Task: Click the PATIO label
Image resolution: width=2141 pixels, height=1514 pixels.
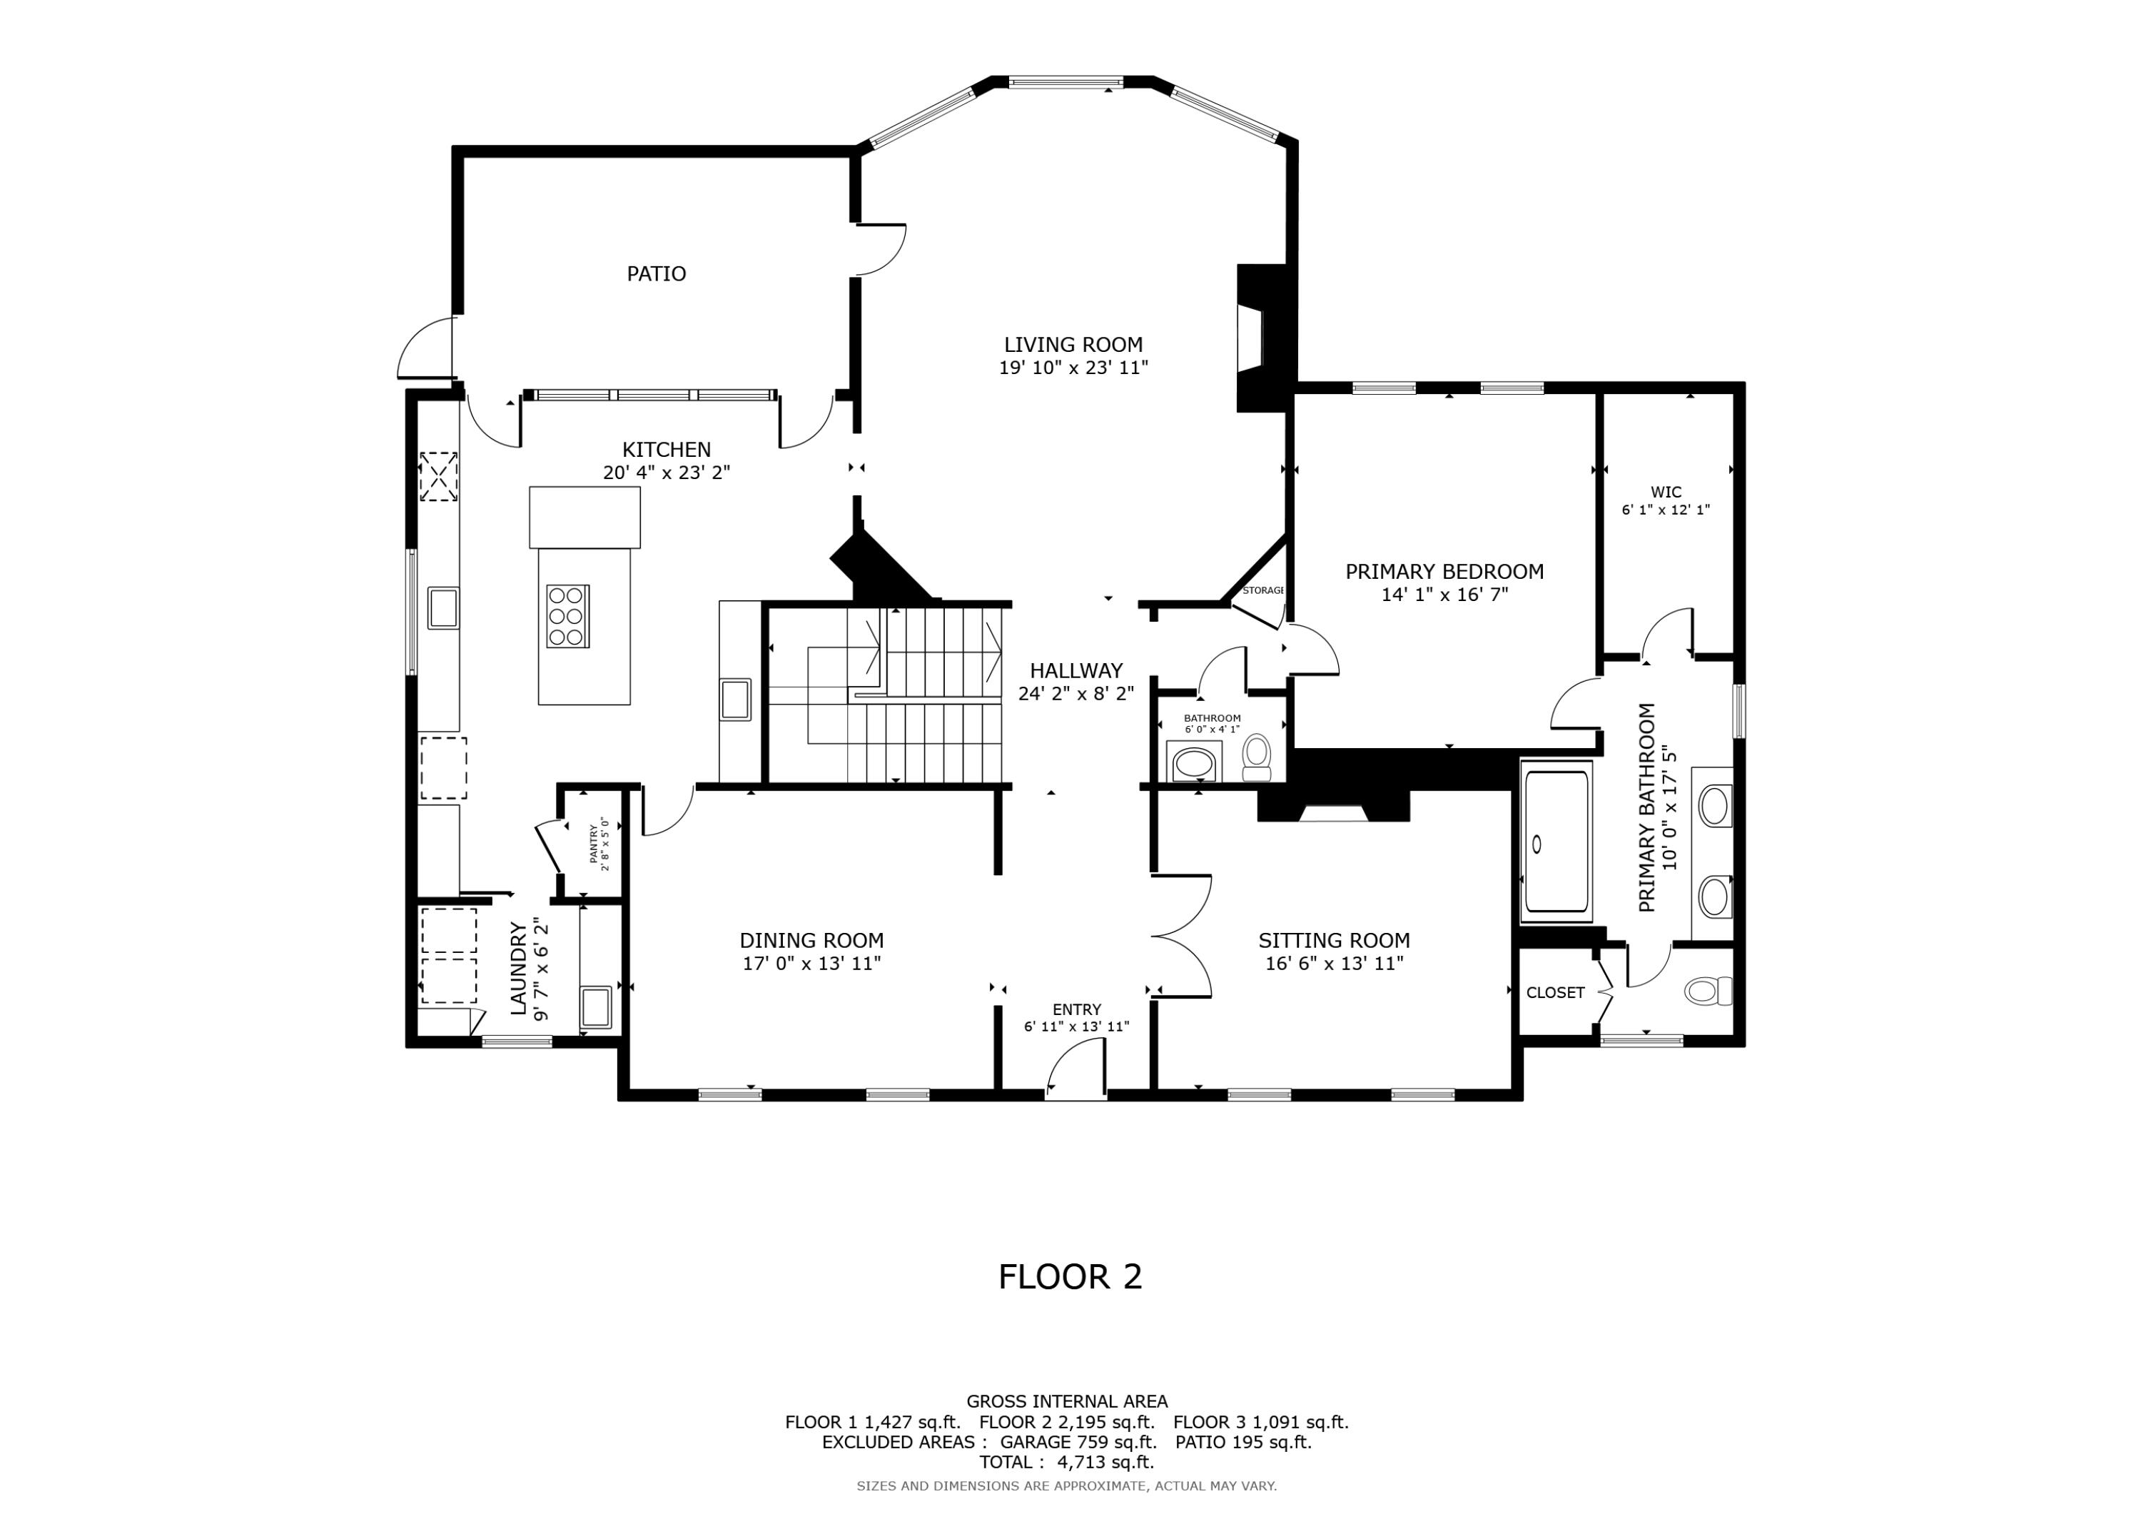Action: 656,273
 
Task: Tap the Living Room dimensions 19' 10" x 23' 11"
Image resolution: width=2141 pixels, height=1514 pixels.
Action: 1073,368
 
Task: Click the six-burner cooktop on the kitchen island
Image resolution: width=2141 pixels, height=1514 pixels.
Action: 567,616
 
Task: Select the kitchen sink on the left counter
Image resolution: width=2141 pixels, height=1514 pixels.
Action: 443,607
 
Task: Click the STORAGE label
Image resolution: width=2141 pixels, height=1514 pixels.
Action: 1262,590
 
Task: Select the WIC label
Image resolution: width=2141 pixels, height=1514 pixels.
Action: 1666,492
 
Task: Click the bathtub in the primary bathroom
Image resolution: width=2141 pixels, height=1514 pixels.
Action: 1555,842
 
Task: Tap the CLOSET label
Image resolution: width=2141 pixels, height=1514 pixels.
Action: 1554,992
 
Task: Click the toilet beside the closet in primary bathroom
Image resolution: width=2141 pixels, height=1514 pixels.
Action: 1706,991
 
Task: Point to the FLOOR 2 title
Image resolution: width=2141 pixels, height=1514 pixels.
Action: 1070,1276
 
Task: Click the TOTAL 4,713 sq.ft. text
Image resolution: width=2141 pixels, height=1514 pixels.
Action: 1066,1462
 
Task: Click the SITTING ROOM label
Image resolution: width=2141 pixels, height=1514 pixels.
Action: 1333,940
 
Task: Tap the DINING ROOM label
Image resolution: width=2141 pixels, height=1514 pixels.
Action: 811,940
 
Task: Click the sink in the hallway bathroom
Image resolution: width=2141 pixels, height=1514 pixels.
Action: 1193,763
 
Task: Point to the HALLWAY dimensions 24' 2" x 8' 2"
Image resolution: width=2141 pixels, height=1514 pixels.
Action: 1075,694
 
